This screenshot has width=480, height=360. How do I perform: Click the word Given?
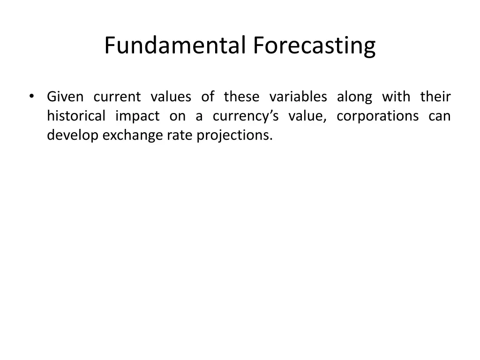click(65, 97)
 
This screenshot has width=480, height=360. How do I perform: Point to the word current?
click(117, 97)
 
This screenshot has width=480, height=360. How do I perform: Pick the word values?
click(171, 97)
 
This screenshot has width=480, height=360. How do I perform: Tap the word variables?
click(298, 97)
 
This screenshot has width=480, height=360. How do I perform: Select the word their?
click(435, 97)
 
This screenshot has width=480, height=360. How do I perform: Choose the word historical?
click(76, 116)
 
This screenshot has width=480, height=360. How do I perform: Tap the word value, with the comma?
click(307, 116)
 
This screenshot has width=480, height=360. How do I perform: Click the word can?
click(439, 116)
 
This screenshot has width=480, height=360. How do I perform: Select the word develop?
click(73, 135)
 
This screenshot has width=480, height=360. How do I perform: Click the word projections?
click(234, 135)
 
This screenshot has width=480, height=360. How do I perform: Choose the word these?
click(241, 97)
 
